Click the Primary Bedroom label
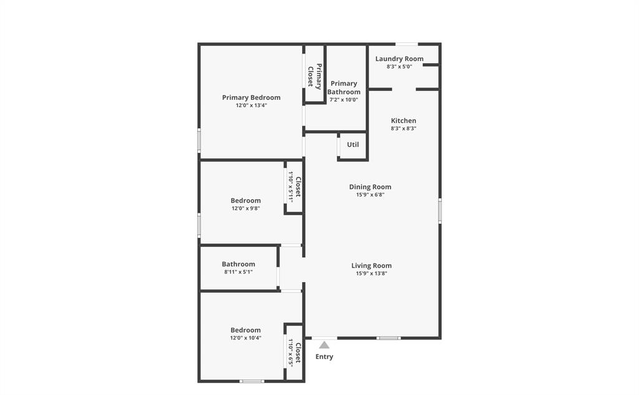pos(251,97)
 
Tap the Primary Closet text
pos(315,75)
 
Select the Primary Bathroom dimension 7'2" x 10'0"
pos(344,100)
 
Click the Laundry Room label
pos(399,59)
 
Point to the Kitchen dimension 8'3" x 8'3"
pos(403,129)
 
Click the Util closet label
pos(353,145)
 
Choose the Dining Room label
pos(370,187)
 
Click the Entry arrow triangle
pos(324,344)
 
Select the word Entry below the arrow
pos(324,357)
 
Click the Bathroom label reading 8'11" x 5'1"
pos(238,272)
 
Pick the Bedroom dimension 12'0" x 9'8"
pos(245,208)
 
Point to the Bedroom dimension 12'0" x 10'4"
pos(245,338)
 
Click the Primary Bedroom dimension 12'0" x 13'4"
pos(251,105)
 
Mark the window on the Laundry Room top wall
pos(407,44)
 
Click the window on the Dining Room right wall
pos(440,211)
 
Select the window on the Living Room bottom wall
pos(388,338)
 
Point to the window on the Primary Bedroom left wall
pos(199,140)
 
